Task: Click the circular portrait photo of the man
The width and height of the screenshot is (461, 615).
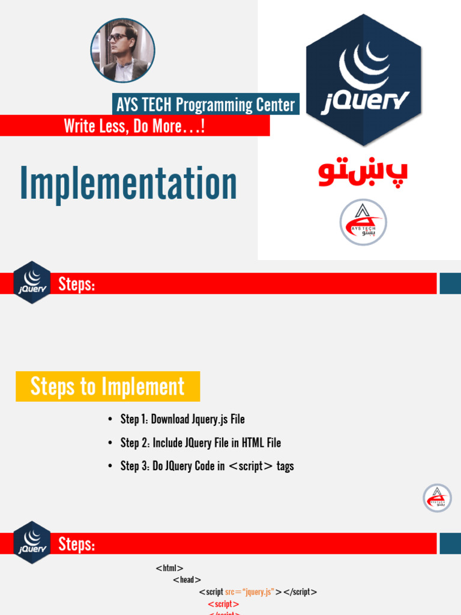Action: point(122,50)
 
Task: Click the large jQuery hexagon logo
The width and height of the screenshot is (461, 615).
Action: point(364,80)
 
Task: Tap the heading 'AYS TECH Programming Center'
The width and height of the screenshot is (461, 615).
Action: point(205,105)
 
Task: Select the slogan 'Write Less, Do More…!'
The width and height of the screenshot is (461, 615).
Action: point(134,126)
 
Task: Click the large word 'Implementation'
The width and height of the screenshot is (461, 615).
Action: point(128,184)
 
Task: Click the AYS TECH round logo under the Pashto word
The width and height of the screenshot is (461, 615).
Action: point(363,222)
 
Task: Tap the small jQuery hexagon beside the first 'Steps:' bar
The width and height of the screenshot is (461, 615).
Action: point(32,282)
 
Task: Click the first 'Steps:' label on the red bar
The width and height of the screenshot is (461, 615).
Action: point(76,284)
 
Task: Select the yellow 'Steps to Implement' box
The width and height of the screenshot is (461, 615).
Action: point(107,387)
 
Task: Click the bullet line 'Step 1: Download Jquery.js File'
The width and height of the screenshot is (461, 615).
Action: point(182,419)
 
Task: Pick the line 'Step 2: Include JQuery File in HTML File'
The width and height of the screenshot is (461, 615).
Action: point(200,443)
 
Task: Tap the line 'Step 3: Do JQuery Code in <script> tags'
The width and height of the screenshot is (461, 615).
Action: point(207,466)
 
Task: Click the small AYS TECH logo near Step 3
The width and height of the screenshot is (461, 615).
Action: point(437,498)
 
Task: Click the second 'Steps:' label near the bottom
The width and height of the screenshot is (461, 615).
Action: point(76,544)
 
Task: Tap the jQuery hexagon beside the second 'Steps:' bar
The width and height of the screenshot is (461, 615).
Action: point(32,542)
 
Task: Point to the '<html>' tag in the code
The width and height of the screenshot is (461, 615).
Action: point(169,568)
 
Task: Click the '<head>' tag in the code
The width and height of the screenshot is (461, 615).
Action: point(187,580)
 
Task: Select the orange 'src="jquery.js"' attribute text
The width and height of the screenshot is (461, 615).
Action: point(249,592)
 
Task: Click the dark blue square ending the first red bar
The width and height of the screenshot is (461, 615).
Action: point(450,283)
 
